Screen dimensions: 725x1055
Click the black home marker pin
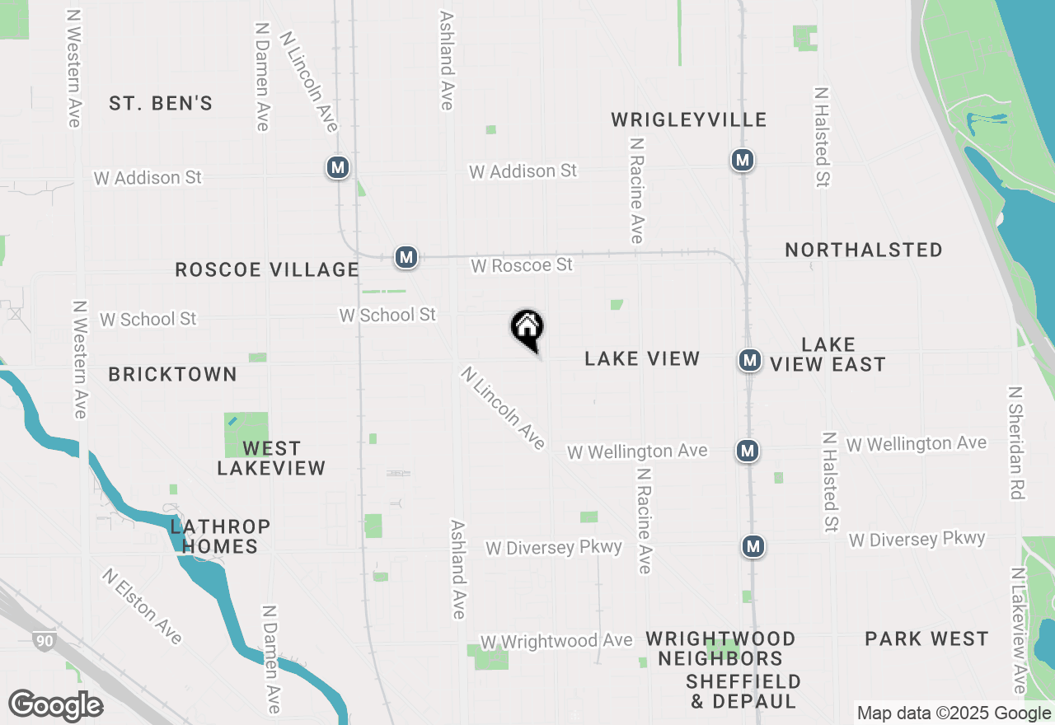pos(527,329)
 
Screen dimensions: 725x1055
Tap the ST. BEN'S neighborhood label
pos(161,103)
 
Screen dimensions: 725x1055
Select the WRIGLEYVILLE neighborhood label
pos(689,120)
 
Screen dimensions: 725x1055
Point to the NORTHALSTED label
pos(863,250)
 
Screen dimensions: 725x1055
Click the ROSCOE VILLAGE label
pos(267,269)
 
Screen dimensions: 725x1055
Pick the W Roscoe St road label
pos(522,265)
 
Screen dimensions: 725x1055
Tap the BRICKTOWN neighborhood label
pos(173,374)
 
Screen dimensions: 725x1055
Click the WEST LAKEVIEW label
pos(271,458)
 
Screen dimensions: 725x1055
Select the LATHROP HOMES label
pos(220,536)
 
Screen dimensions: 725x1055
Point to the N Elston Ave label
pos(142,606)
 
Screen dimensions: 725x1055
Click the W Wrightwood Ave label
pos(556,641)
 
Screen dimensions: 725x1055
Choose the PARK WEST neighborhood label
pos(926,638)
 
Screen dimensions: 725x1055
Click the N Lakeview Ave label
pos(1019,630)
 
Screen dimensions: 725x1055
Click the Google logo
pos(55,705)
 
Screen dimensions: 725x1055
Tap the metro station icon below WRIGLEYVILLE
pos(743,160)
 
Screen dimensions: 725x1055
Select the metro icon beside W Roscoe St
pos(406,258)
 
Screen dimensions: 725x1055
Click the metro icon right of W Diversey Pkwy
pos(752,546)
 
